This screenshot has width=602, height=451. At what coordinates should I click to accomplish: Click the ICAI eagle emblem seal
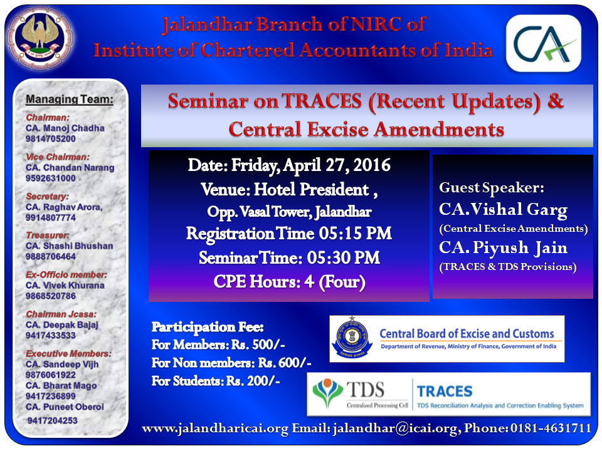tap(41, 38)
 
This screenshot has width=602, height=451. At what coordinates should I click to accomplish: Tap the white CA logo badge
tap(543, 43)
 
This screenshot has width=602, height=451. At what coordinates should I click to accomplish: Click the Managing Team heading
tap(70, 100)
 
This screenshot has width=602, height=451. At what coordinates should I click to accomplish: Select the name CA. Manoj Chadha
tap(65, 128)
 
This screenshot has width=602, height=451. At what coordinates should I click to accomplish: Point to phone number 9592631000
tap(51, 179)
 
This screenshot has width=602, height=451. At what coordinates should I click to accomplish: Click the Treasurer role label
tap(48, 235)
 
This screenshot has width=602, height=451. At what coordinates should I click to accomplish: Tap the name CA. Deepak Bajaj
tap(62, 325)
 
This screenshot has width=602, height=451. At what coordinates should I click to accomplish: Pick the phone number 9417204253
tap(53, 421)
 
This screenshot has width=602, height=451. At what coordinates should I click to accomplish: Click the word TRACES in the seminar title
tap(322, 101)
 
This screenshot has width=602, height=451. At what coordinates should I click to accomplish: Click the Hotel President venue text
tap(312, 189)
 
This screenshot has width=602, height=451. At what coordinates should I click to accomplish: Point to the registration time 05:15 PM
tap(355, 234)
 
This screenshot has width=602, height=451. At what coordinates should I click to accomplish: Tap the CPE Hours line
tap(289, 282)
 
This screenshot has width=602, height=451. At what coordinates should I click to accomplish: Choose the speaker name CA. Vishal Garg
tap(504, 209)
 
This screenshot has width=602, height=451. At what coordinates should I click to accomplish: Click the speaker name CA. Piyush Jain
tap(504, 247)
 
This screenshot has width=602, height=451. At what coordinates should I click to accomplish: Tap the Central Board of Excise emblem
tap(352, 337)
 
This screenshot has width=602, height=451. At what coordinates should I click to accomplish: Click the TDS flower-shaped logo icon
tap(327, 392)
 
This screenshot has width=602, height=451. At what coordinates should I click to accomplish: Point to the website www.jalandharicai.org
tap(215, 428)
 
